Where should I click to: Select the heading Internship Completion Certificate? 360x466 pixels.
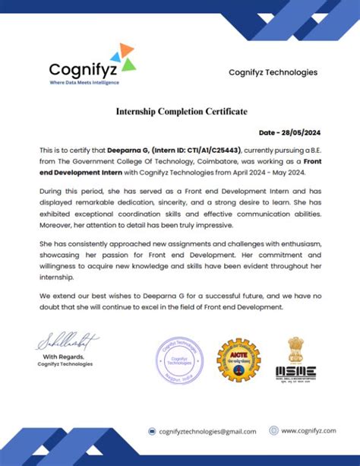click(x=181, y=112)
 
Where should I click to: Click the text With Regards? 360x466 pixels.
click(x=63, y=357)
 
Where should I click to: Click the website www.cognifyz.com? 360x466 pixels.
click(x=308, y=430)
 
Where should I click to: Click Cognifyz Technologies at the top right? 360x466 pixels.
click(x=273, y=73)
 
